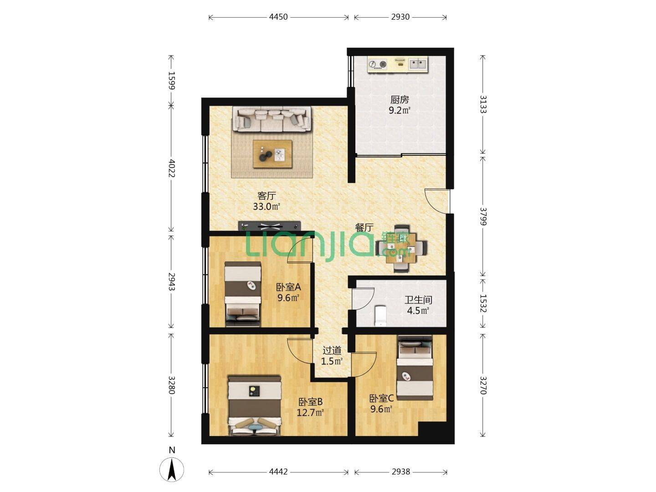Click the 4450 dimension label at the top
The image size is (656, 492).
(278, 17)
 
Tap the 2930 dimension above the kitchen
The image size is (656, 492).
(400, 17)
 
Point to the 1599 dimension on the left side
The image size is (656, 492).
(171, 80)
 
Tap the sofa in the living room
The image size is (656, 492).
(272, 119)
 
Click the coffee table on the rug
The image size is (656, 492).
(272, 154)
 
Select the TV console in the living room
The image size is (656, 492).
(269, 226)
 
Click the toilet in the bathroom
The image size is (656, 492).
(380, 316)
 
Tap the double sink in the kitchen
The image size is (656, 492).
(418, 64)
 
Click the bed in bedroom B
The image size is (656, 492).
(255, 405)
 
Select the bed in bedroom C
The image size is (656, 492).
(415, 368)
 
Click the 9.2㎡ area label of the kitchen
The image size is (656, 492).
(399, 111)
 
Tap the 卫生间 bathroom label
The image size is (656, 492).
(418, 300)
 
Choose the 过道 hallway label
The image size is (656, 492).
(332, 350)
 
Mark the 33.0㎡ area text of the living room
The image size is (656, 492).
(266, 206)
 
